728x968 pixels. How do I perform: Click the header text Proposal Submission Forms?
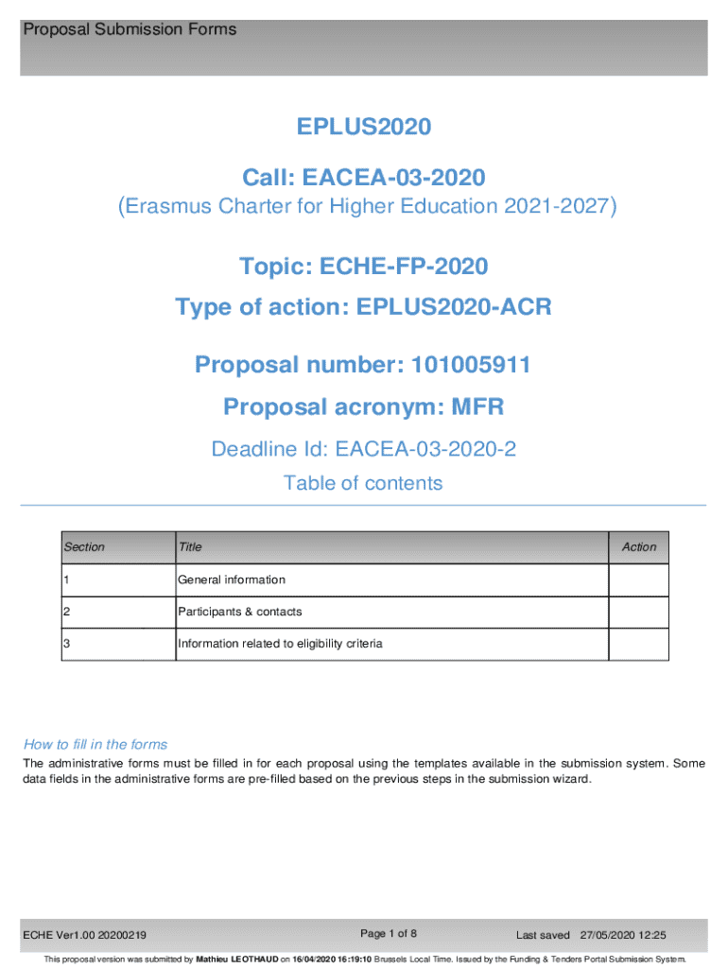click(x=130, y=30)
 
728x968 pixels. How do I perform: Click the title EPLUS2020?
click(x=364, y=127)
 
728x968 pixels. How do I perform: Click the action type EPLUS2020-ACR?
click(x=454, y=307)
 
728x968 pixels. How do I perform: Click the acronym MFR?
click(x=478, y=406)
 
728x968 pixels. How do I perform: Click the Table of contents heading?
click(x=363, y=483)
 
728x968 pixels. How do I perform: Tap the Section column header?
click(x=84, y=546)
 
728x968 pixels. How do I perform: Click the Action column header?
click(x=638, y=546)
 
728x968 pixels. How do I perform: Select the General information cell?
click(x=232, y=579)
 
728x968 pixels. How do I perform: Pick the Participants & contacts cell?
click(x=240, y=612)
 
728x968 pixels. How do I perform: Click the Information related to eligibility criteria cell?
click(x=280, y=644)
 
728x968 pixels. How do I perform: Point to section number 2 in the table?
click(x=66, y=612)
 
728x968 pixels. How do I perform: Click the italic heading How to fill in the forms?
click(x=95, y=744)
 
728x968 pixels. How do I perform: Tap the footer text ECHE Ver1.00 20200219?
click(x=85, y=936)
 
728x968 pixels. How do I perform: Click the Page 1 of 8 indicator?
click(x=390, y=934)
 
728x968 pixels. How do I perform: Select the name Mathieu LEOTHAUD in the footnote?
click(x=236, y=959)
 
